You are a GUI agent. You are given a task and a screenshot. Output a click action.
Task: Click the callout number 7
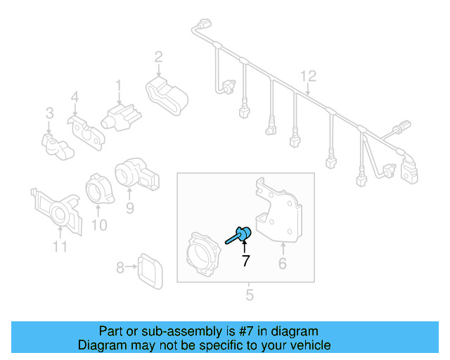click(x=245, y=262)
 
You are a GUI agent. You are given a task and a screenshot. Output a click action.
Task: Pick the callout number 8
click(x=120, y=267)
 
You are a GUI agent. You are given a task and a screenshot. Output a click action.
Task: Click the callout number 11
click(x=60, y=247)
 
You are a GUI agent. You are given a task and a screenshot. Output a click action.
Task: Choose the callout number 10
click(x=99, y=225)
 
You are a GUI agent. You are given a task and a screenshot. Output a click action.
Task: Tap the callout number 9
click(x=129, y=207)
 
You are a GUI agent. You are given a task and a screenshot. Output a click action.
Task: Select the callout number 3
click(x=49, y=112)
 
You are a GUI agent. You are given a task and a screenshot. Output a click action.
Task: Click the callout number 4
click(x=75, y=97)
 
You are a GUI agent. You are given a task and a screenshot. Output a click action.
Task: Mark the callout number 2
click(x=159, y=56)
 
